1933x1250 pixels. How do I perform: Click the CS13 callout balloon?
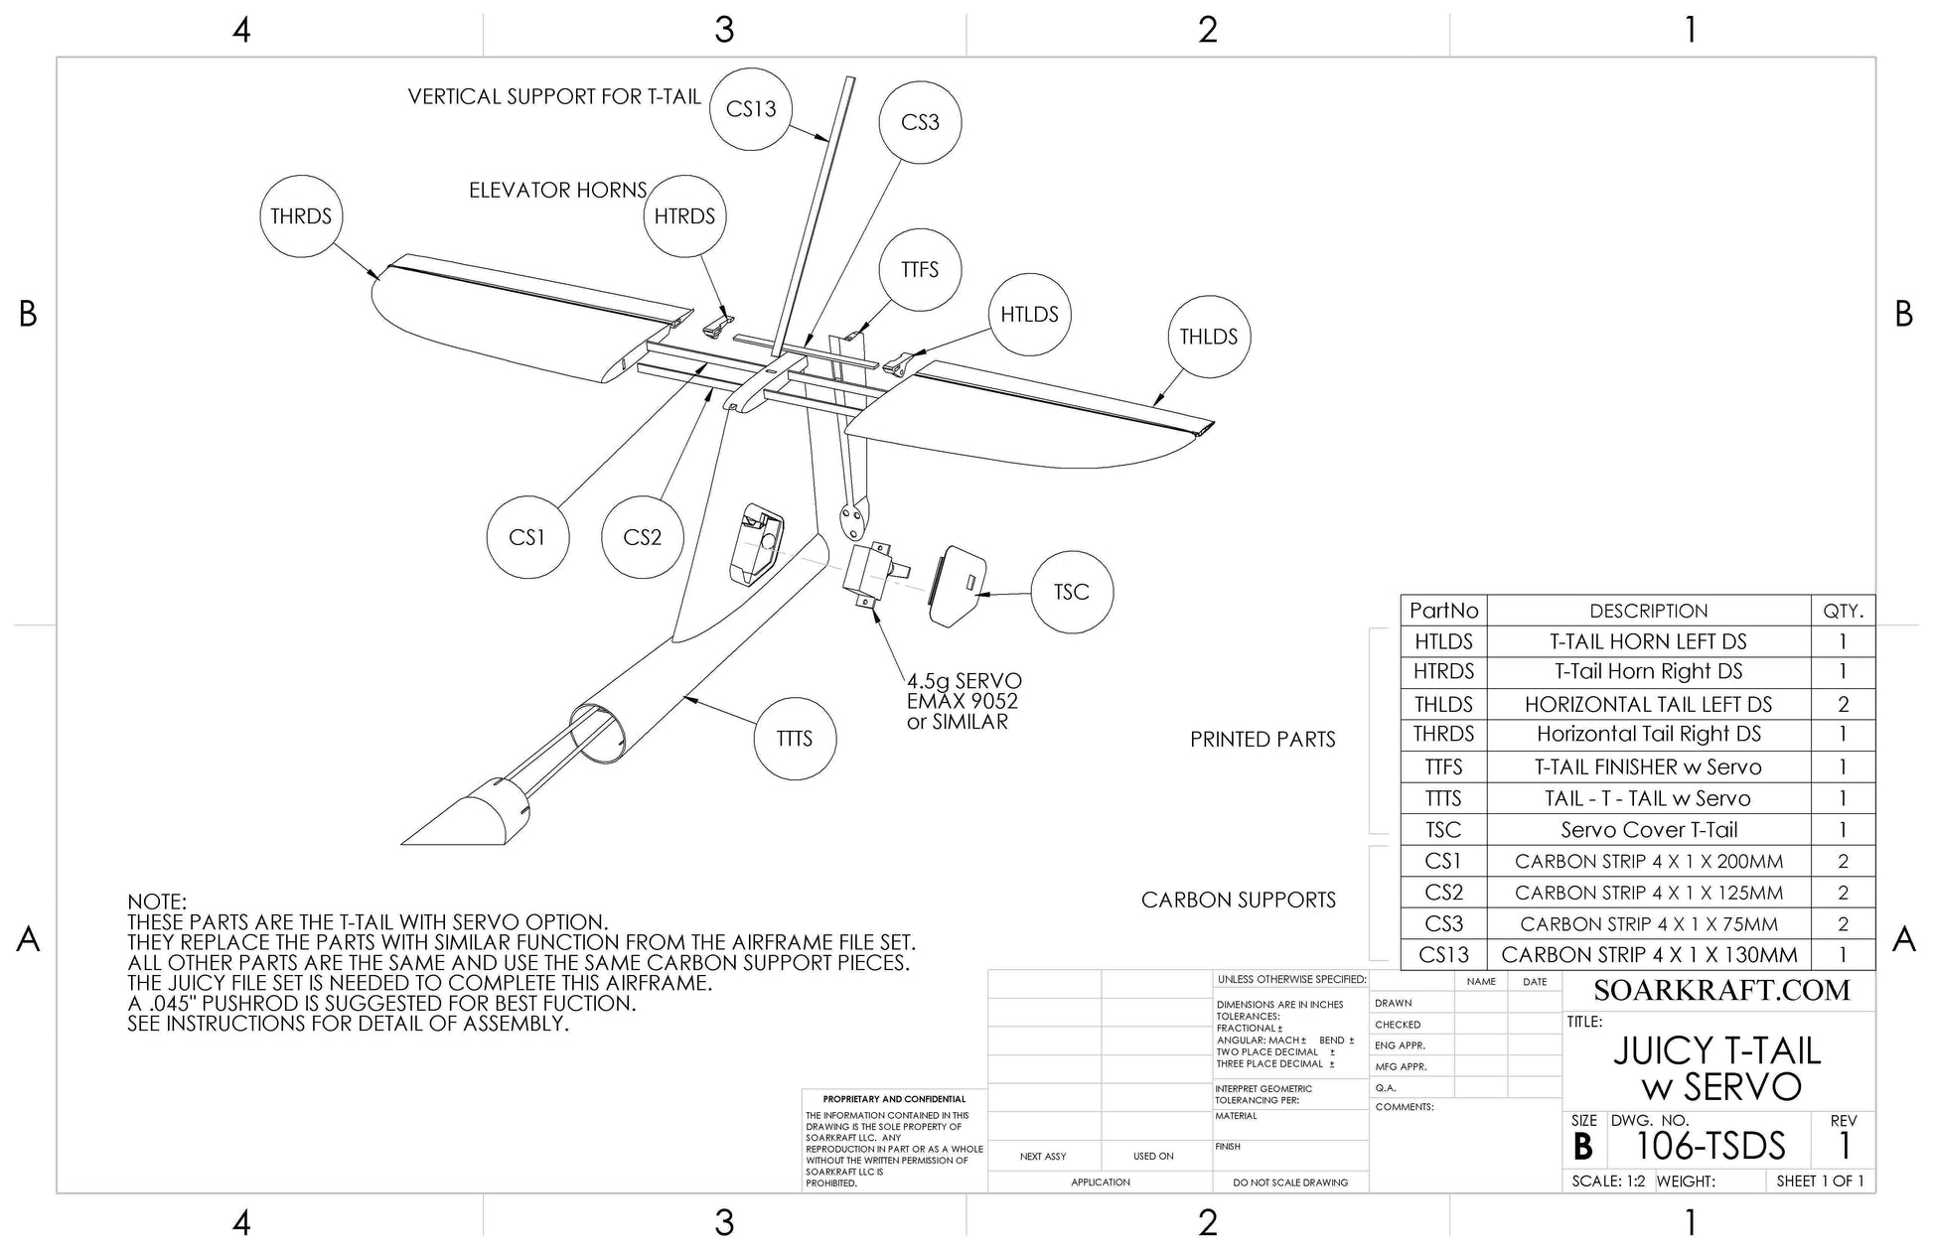[751, 109]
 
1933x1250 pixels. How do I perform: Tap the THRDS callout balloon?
[301, 216]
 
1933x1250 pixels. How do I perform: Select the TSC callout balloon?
[1071, 593]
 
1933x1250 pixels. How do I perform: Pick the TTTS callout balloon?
[795, 739]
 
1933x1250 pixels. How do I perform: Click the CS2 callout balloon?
[642, 537]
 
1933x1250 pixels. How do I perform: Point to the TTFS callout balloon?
[920, 269]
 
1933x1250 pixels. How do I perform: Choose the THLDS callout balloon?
[1208, 337]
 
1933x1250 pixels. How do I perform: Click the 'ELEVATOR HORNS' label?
[557, 190]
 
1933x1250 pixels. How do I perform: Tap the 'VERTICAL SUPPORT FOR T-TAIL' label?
[554, 96]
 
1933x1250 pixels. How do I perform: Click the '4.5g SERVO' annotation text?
[964, 681]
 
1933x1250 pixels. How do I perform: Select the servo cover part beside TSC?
[958, 586]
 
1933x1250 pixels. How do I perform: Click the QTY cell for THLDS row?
[1843, 704]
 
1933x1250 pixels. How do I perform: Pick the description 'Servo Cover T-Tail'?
[1648, 830]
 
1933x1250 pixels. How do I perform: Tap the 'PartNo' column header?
[1443, 611]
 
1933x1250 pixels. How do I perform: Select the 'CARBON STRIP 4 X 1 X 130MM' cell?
[1648, 955]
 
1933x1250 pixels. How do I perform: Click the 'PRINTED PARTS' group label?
[1263, 740]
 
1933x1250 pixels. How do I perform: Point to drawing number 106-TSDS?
[1710, 1147]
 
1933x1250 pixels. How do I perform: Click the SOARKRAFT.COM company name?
[1721, 990]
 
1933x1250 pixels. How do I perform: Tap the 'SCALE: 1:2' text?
[1608, 1181]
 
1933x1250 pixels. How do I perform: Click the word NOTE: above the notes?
[157, 902]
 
